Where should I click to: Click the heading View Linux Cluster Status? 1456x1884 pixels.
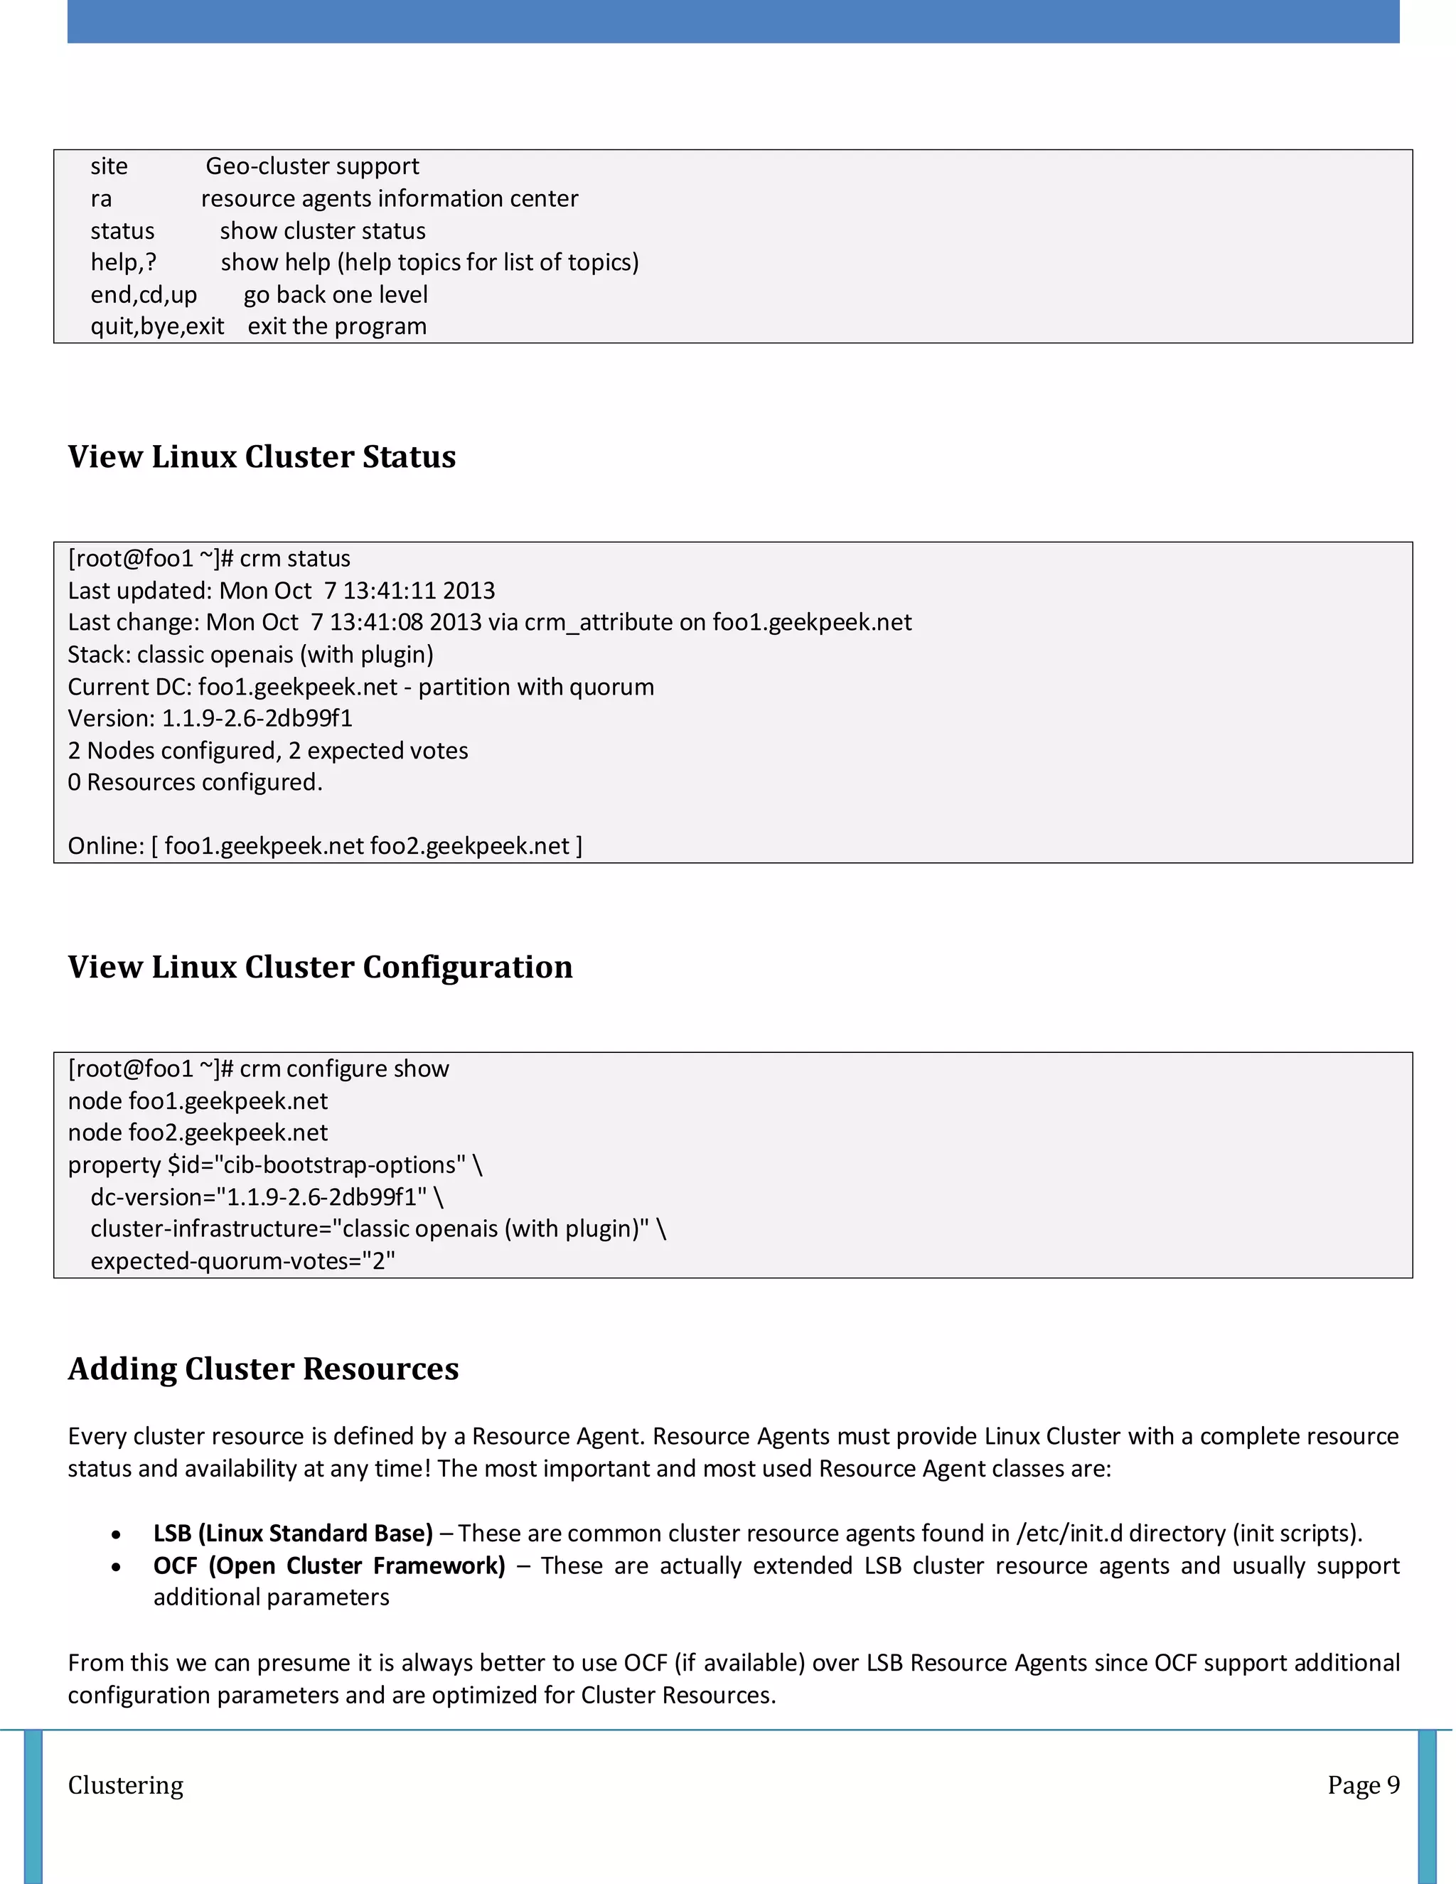[262, 456]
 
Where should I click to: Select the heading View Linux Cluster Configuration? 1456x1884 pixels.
[320, 967]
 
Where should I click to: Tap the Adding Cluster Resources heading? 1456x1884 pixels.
[263, 1369]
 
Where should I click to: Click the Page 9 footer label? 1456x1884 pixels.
[1363, 1784]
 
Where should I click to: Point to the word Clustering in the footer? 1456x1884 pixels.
[126, 1784]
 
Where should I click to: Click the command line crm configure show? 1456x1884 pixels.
[258, 1069]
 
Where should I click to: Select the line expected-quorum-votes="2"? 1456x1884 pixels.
[242, 1261]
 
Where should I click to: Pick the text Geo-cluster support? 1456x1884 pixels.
[312, 166]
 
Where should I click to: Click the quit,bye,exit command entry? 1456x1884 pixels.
[157, 327]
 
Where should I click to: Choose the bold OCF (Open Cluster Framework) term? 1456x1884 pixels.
[329, 1565]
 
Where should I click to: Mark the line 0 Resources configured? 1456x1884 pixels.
[195, 783]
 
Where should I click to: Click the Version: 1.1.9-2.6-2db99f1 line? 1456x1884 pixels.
[210, 719]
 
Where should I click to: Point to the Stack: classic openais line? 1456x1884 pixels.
[250, 655]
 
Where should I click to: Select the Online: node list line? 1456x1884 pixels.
[324, 846]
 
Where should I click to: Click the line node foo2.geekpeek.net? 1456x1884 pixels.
[198, 1133]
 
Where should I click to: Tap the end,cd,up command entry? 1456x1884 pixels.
[143, 295]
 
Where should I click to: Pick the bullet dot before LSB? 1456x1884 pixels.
[117, 1535]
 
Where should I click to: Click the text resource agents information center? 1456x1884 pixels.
[389, 199]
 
